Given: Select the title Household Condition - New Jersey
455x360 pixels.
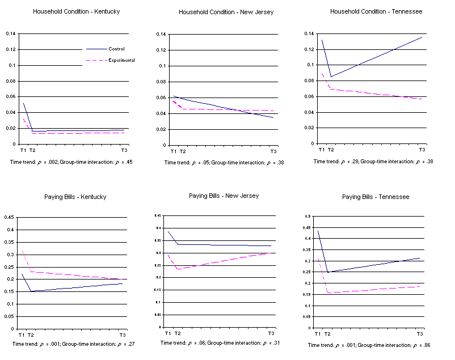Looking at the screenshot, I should (x=226, y=12).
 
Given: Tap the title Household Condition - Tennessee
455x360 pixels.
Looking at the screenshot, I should (x=376, y=11).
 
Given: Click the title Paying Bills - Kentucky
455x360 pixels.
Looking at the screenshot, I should (x=75, y=197).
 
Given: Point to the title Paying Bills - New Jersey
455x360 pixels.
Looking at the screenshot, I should (x=224, y=196).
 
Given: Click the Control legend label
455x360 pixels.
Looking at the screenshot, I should (x=116, y=49).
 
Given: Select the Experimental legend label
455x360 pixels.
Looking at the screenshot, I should (x=121, y=60).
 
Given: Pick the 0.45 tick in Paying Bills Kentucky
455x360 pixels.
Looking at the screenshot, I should (x=9, y=218).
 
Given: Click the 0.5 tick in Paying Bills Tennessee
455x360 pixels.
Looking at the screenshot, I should (x=308, y=216).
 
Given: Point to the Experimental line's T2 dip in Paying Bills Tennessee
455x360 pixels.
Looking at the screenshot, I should (x=327, y=293).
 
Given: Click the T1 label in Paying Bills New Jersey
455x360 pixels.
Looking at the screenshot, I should (x=167, y=333).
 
